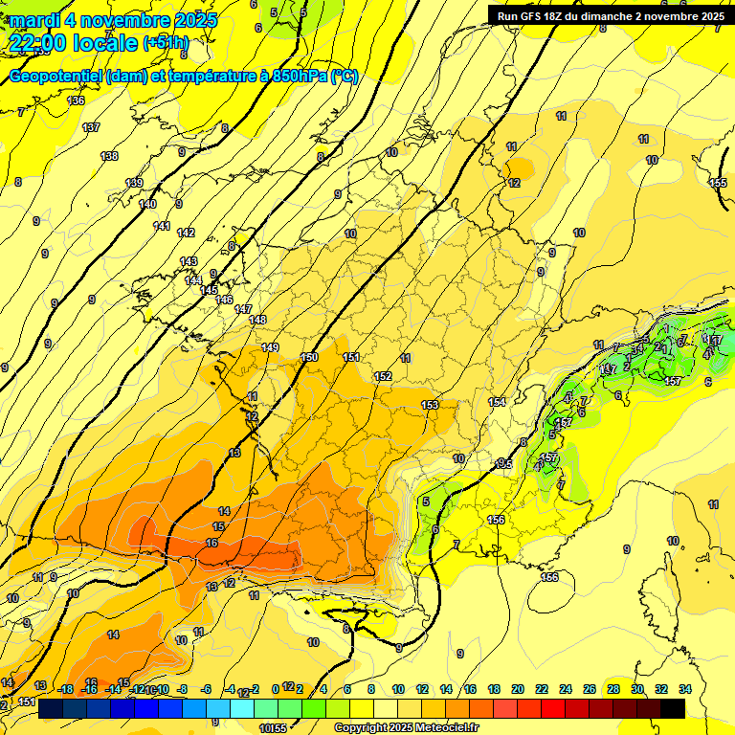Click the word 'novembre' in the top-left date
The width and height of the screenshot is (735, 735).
(x=121, y=20)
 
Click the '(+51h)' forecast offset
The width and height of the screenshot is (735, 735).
(x=166, y=43)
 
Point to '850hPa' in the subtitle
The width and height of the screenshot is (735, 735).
(x=293, y=77)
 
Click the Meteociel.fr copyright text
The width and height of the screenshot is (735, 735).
(x=406, y=727)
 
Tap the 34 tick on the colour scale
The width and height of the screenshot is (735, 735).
(x=684, y=689)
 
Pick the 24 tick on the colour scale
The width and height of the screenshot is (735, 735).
(x=565, y=689)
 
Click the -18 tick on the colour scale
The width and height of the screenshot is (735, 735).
(x=66, y=689)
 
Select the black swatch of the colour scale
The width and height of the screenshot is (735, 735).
(x=673, y=708)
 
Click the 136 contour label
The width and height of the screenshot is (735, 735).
(x=76, y=100)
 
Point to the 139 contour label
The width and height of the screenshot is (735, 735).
(x=134, y=183)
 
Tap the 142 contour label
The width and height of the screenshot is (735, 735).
(x=186, y=233)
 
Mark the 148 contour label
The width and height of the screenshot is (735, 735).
(x=257, y=320)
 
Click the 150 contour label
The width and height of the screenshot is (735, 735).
(x=309, y=357)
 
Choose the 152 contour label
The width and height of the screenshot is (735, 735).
(x=384, y=376)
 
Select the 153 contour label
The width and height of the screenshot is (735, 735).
(x=430, y=405)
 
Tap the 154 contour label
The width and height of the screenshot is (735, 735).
(x=497, y=402)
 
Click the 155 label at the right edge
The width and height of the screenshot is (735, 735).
(x=718, y=183)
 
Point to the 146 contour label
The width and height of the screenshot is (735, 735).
(x=224, y=300)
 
